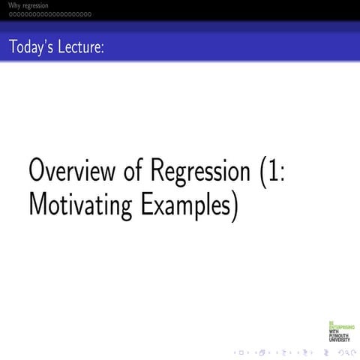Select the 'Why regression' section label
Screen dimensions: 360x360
25,6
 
